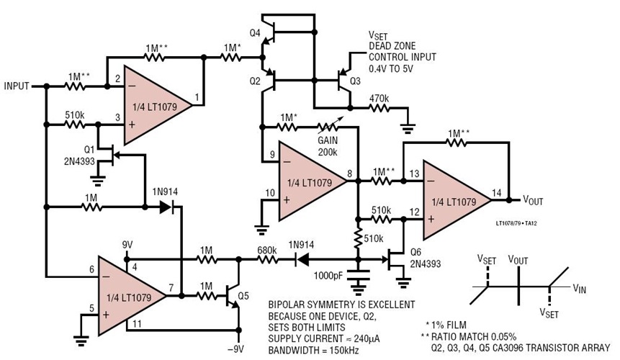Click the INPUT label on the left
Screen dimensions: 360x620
coord(15,86)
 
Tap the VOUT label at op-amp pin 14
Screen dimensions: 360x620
coord(534,199)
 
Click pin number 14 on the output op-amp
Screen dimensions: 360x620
coord(496,193)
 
